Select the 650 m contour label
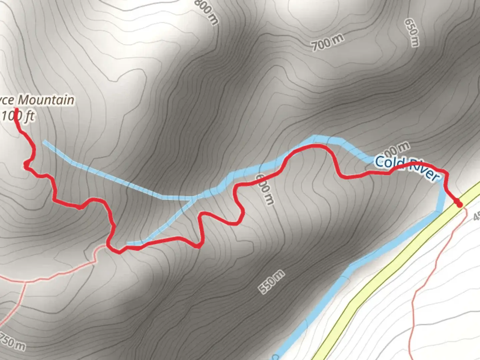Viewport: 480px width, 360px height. (x=412, y=32)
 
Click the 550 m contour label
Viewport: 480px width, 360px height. (x=272, y=282)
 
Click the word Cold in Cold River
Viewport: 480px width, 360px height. (x=387, y=163)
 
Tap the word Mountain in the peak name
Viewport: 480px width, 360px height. (x=46, y=100)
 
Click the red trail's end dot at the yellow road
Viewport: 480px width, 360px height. (x=459, y=204)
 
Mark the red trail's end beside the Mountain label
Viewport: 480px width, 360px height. (x=16, y=109)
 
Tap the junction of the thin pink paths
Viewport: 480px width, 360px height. (x=25, y=282)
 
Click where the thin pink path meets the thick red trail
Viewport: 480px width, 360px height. (x=108, y=246)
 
